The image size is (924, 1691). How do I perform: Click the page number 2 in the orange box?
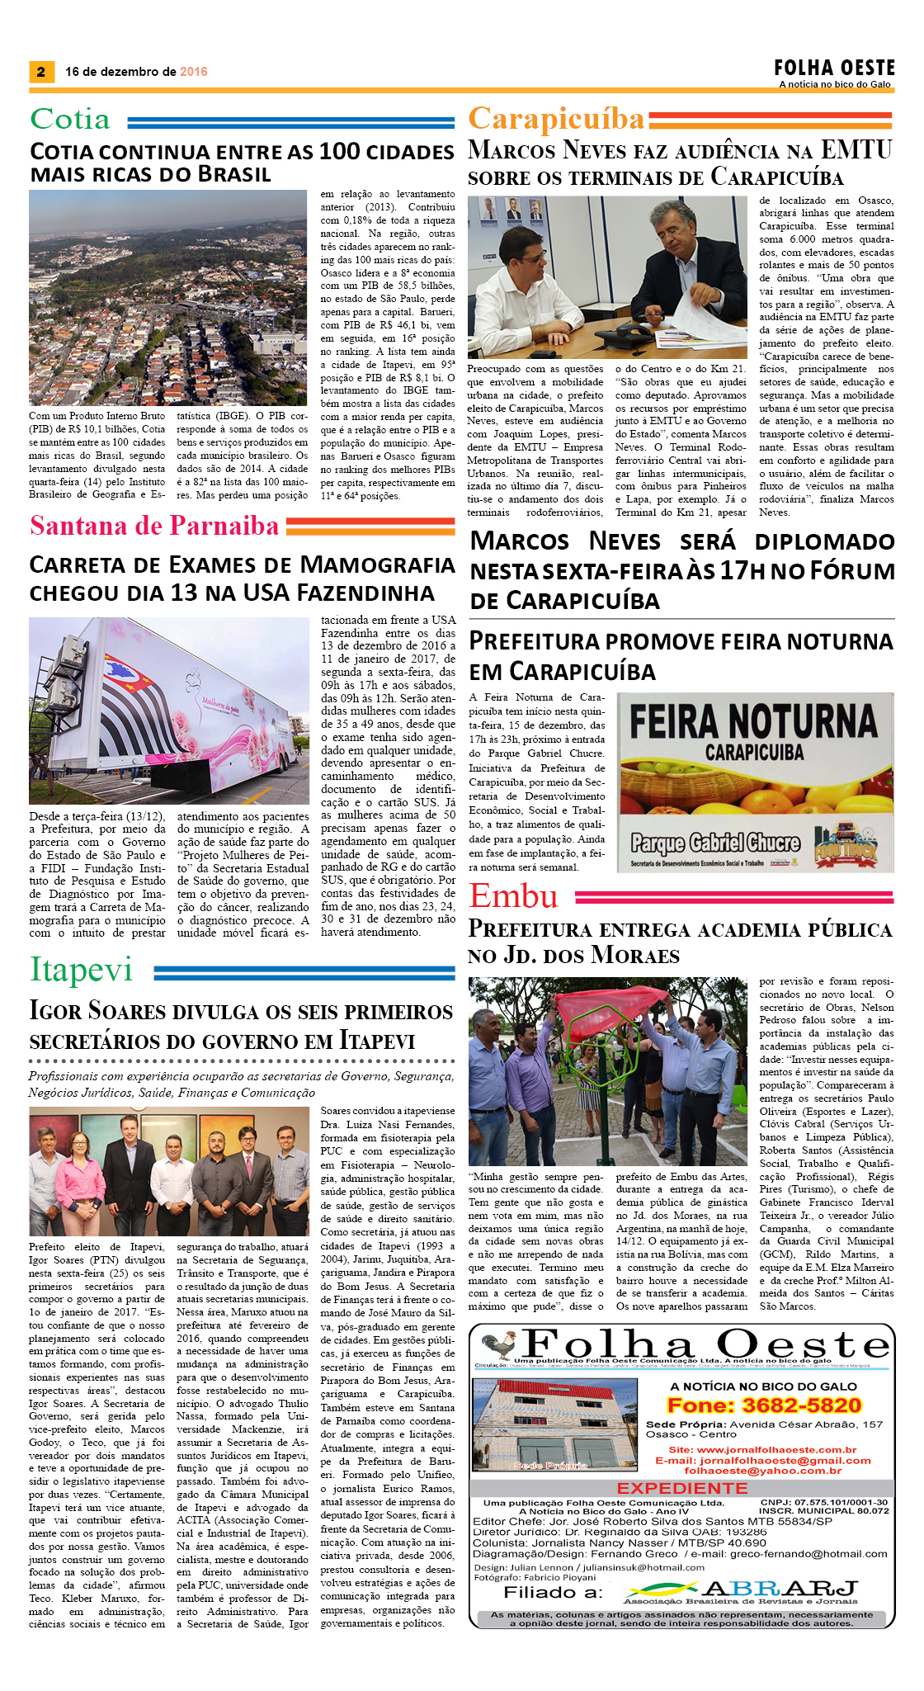[x=41, y=72]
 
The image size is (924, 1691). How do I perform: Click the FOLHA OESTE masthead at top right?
[x=834, y=68]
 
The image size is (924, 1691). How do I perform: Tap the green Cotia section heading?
[x=70, y=120]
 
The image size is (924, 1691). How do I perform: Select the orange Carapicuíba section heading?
[x=556, y=120]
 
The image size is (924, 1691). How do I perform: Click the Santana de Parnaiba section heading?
[x=154, y=525]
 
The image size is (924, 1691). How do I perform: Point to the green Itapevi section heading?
[x=81, y=970]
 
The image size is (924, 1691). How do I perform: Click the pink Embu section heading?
[x=513, y=896]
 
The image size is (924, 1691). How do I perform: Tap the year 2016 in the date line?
[x=193, y=72]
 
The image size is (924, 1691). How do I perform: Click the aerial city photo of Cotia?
[x=167, y=297]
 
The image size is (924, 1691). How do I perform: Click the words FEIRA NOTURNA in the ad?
[x=753, y=722]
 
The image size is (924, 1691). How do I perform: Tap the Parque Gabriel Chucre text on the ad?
[x=715, y=842]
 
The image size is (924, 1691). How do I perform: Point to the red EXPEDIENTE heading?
[x=681, y=1488]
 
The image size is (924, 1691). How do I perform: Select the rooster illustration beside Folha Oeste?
[x=498, y=1345]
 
